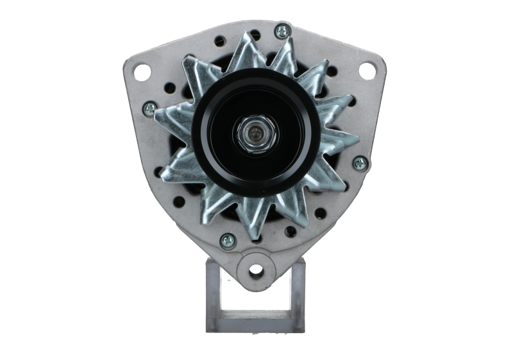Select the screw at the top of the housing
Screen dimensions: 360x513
pyautogui.click(x=281, y=30)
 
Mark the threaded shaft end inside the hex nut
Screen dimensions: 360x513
pyautogui.click(x=255, y=133)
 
